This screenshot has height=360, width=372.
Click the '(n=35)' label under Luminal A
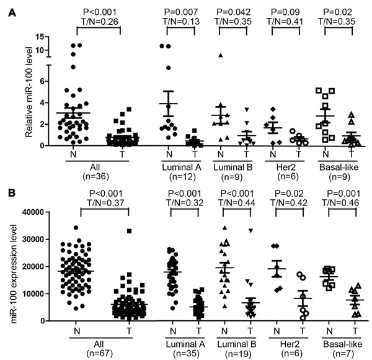(180, 356)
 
